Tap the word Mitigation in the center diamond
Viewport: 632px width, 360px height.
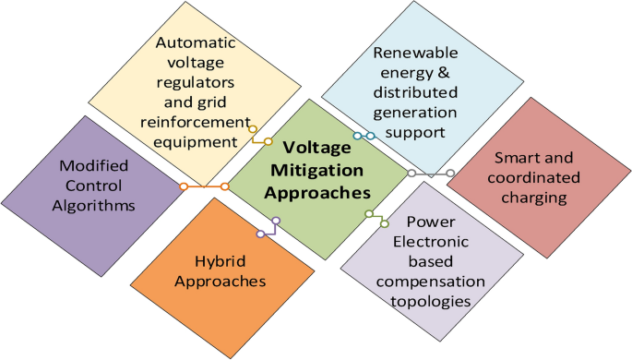(310, 170)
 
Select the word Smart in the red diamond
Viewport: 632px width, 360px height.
(519, 157)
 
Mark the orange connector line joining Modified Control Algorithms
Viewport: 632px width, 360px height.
(205, 187)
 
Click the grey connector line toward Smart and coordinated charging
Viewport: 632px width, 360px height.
(431, 173)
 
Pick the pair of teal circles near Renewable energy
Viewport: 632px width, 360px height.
(364, 137)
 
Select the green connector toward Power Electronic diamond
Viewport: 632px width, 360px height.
(375, 217)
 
